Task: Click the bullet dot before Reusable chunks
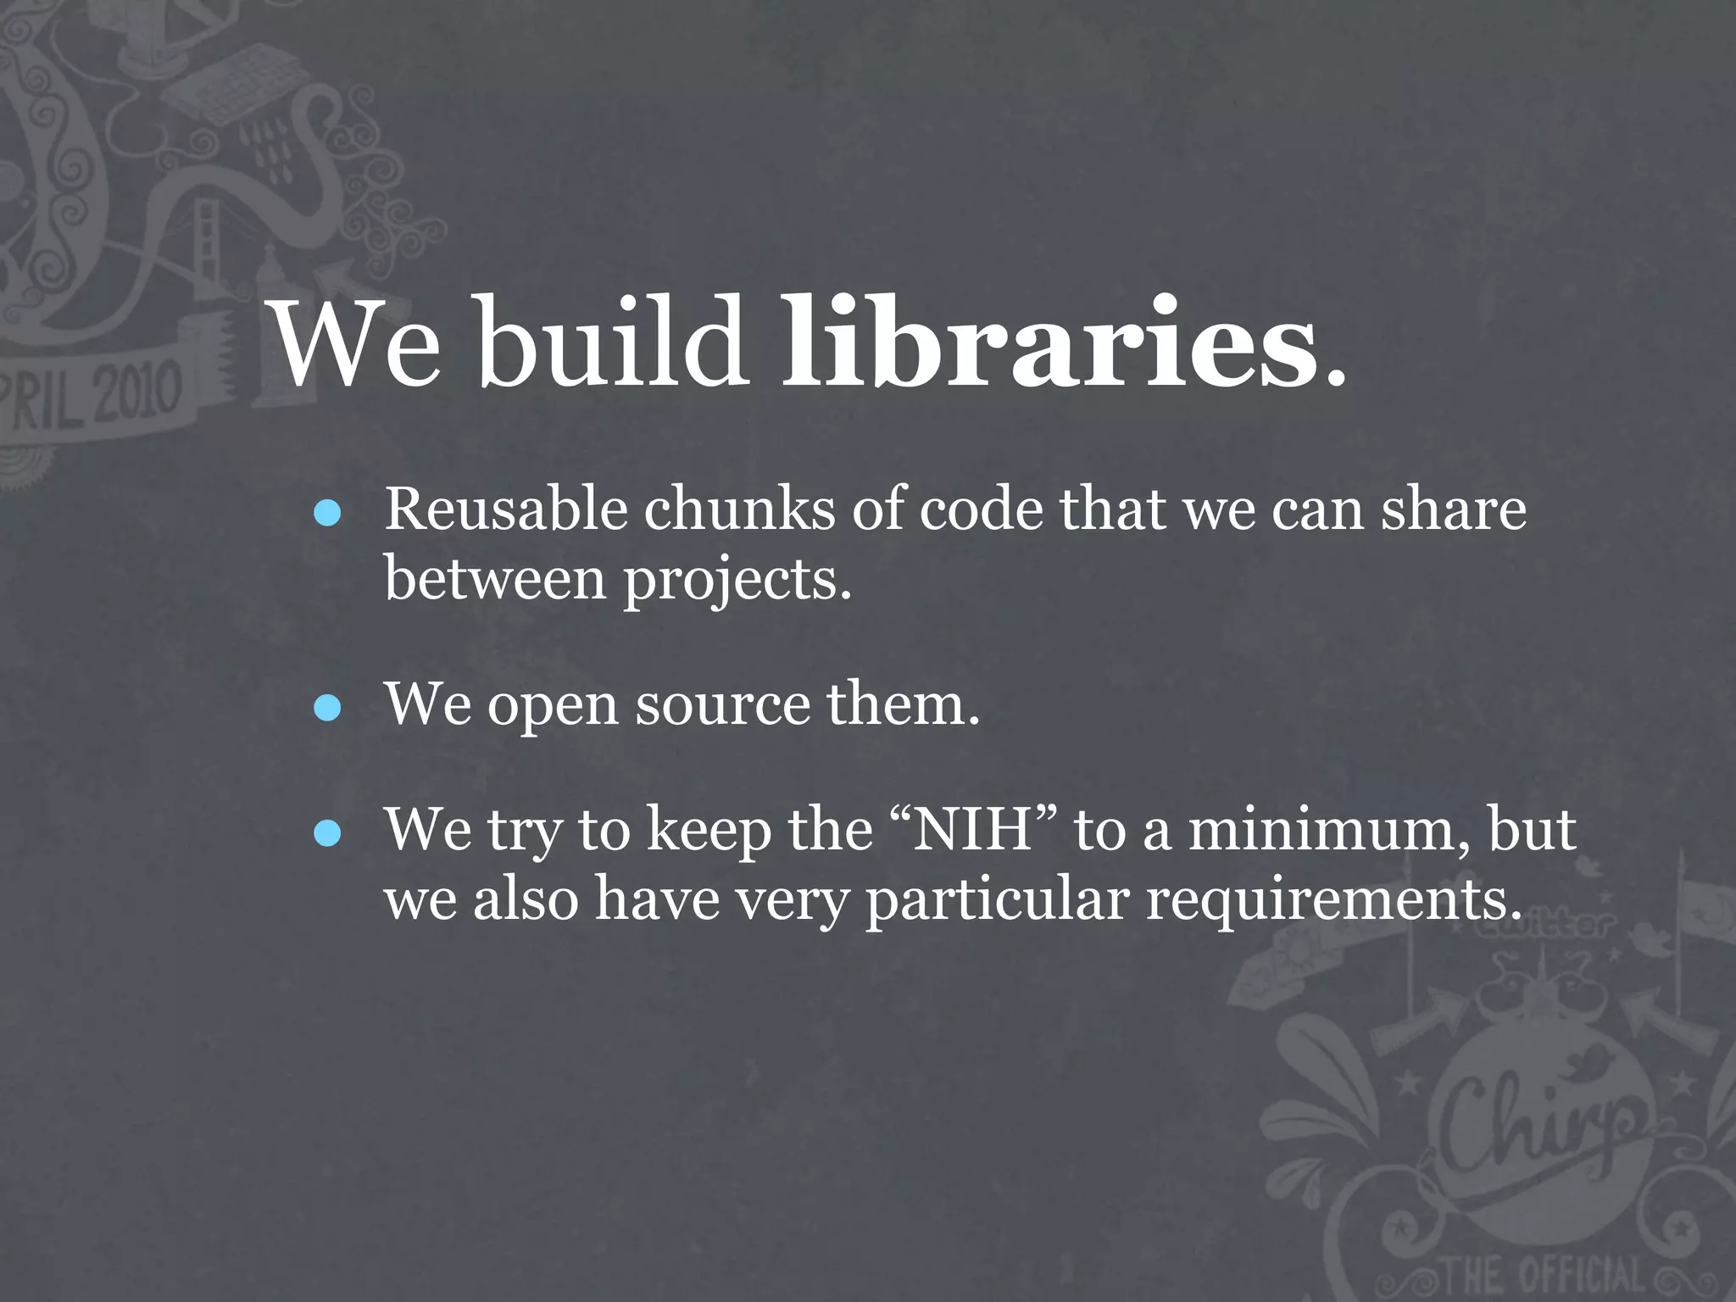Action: click(327, 513)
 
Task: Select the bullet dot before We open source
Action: click(327, 708)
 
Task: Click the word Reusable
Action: click(506, 510)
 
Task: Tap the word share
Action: click(1454, 510)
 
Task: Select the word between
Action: click(495, 580)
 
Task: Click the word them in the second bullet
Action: click(903, 705)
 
